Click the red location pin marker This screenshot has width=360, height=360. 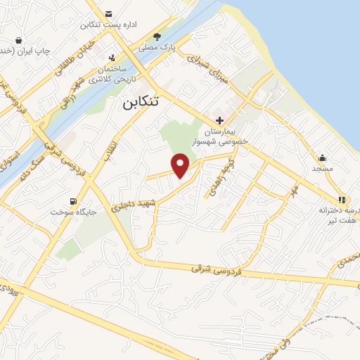click(x=181, y=166)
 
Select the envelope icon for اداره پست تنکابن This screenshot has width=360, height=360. click(x=108, y=14)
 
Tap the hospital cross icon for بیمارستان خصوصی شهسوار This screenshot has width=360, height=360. click(x=220, y=120)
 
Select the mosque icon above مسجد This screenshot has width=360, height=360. click(x=322, y=157)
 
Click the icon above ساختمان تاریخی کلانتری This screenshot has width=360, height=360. click(x=111, y=58)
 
